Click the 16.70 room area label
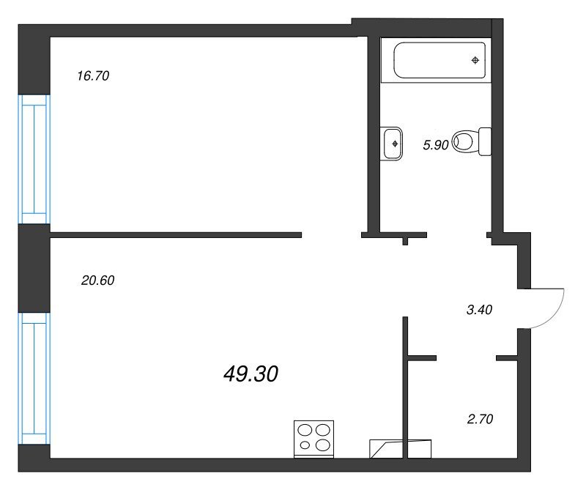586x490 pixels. [93, 76]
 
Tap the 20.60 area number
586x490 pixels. [97, 281]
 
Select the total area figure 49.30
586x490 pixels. [251, 374]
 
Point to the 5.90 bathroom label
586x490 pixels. [435, 145]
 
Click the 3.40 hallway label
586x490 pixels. [480, 310]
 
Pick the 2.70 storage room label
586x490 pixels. [481, 419]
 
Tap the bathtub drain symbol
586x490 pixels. [475, 60]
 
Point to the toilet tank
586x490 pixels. [485, 141]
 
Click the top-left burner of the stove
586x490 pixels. [305, 431]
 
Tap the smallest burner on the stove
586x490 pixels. [305, 445]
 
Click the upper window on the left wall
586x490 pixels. [34, 159]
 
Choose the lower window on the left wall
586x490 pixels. [34, 378]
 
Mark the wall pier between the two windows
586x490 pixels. [34, 268]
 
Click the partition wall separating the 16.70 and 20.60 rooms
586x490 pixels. [176, 234]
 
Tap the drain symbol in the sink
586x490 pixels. [395, 144]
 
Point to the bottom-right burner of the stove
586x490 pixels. [322, 445]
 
